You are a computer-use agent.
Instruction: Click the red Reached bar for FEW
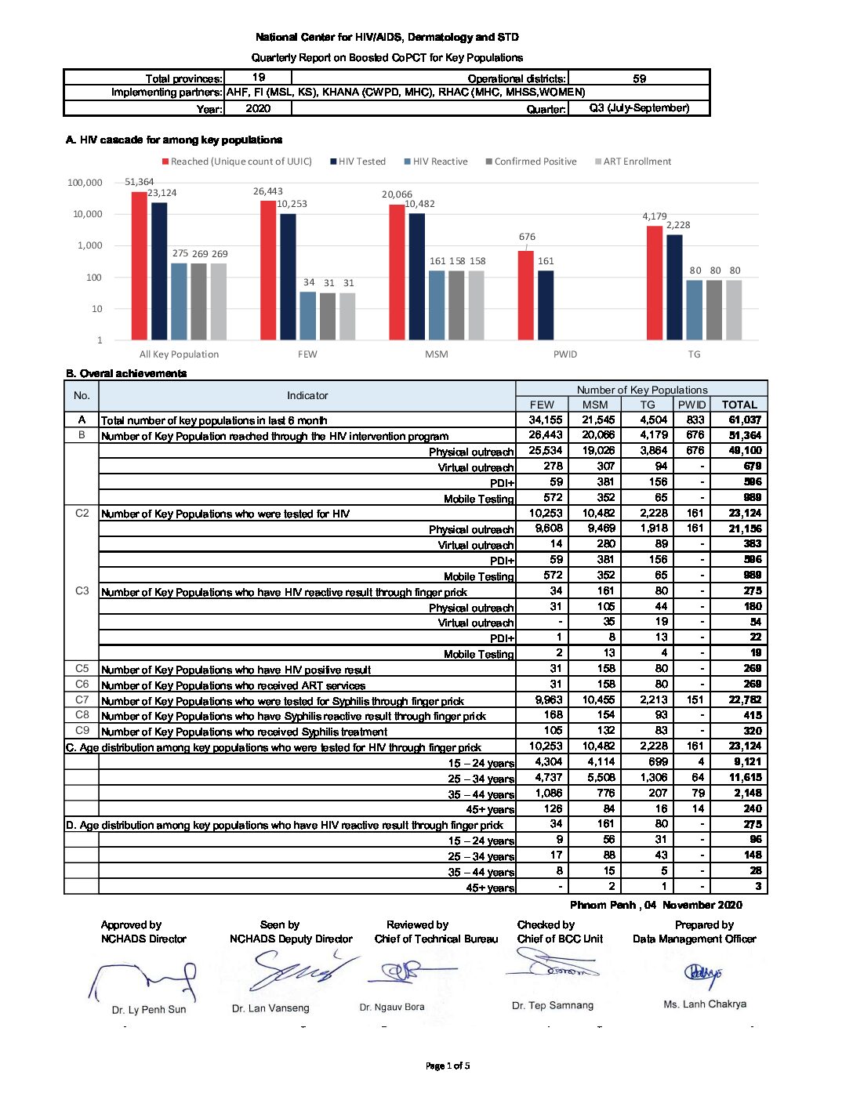(268, 270)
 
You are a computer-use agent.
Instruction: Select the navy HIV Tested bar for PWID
(546, 305)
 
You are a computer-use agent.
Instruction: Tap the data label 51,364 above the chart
(140, 182)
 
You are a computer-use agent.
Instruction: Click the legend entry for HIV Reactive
(436, 162)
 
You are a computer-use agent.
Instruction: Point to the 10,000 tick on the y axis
(88, 214)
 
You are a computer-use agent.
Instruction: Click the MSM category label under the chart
(437, 354)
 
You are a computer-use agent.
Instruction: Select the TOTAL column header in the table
(739, 405)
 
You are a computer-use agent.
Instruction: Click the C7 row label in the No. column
(82, 699)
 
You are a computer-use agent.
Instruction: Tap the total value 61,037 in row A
(744, 419)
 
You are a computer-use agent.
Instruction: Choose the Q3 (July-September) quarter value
(639, 108)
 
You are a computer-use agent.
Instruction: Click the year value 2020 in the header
(258, 109)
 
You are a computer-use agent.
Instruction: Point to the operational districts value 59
(639, 78)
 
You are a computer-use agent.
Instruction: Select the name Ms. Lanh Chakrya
(705, 1004)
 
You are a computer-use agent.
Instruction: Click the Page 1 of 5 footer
(448, 1066)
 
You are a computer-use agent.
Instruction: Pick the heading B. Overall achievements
(126, 373)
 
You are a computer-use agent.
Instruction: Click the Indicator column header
(307, 396)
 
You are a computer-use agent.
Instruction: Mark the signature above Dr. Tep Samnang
(553, 967)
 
